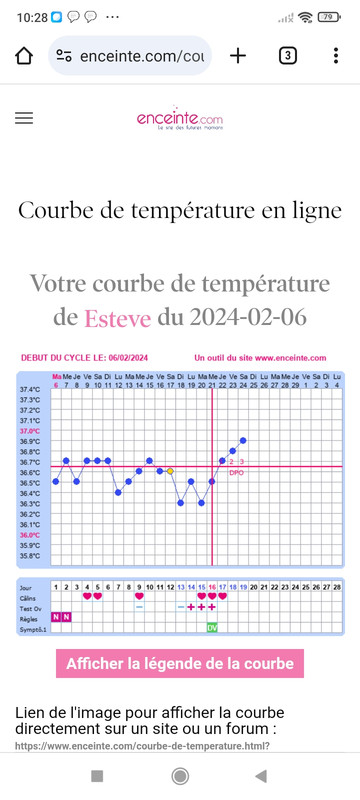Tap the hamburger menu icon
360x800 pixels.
tap(25, 118)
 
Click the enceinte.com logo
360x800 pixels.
tap(180, 119)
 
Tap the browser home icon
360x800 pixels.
tap(24, 55)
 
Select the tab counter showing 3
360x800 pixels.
tap(288, 55)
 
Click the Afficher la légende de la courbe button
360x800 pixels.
tap(180, 635)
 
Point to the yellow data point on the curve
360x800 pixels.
tap(170, 471)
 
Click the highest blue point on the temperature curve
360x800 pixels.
tap(243, 440)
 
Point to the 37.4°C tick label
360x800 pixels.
tap(30, 389)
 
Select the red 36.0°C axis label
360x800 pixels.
tap(30, 535)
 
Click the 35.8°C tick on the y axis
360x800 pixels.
tap(30, 556)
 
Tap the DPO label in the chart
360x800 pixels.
tap(237, 472)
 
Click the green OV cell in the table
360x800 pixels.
tap(212, 628)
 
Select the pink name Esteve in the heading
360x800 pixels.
tap(117, 319)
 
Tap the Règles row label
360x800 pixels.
tap(30, 617)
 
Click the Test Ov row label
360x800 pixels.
tap(31, 606)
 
